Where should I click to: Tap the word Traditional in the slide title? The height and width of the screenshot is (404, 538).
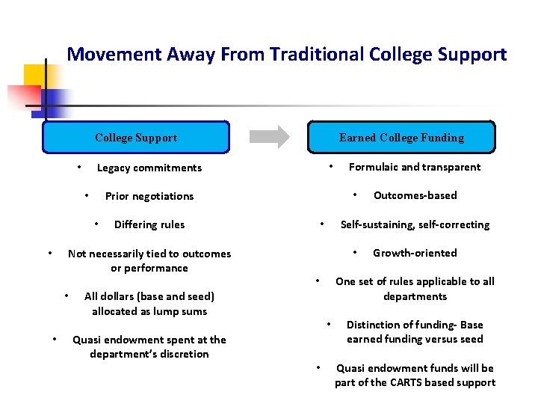click(x=318, y=55)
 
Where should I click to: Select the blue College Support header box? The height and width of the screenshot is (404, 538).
click(x=136, y=138)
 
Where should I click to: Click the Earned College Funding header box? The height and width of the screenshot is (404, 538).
click(x=401, y=138)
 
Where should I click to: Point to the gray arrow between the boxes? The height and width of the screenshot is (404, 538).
click(x=269, y=137)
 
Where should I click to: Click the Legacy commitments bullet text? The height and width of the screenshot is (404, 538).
click(x=149, y=168)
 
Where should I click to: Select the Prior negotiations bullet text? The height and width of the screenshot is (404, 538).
click(x=149, y=196)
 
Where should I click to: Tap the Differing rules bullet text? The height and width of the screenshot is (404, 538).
click(x=149, y=224)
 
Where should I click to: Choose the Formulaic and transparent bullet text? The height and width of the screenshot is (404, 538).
click(x=415, y=167)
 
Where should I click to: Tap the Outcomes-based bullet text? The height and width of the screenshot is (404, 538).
click(x=415, y=195)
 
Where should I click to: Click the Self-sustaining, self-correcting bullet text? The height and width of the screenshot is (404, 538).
click(x=415, y=224)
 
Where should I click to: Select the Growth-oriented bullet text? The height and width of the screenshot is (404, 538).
click(x=415, y=253)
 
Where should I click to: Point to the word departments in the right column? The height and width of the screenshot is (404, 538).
click(x=415, y=296)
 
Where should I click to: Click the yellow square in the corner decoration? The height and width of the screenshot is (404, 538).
click(x=34, y=75)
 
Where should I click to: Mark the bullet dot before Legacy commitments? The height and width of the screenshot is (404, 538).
click(x=78, y=166)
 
